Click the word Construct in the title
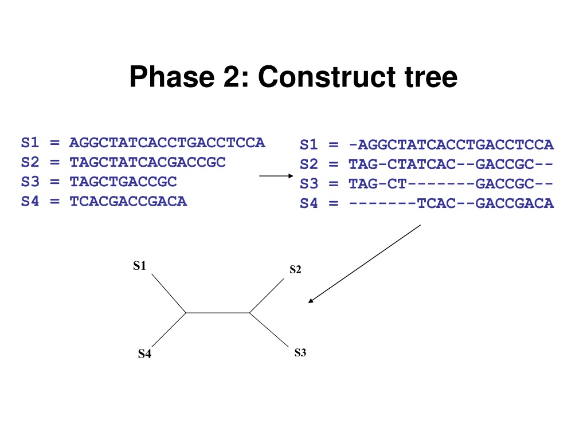click(x=327, y=77)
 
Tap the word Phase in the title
click(x=172, y=77)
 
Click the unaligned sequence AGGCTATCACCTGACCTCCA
click(x=167, y=143)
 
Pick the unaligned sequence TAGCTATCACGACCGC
click(x=147, y=162)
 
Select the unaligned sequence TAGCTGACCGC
click(x=123, y=182)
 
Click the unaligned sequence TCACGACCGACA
click(x=128, y=201)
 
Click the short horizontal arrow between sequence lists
click(x=276, y=176)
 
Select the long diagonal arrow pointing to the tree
click(x=364, y=264)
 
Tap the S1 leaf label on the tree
click(x=139, y=266)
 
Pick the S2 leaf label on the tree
click(x=295, y=269)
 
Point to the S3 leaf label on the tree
click(x=300, y=352)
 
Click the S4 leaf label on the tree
click(x=144, y=353)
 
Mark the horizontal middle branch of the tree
click(x=218, y=313)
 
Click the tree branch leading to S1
click(x=169, y=293)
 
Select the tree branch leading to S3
click(x=269, y=330)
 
